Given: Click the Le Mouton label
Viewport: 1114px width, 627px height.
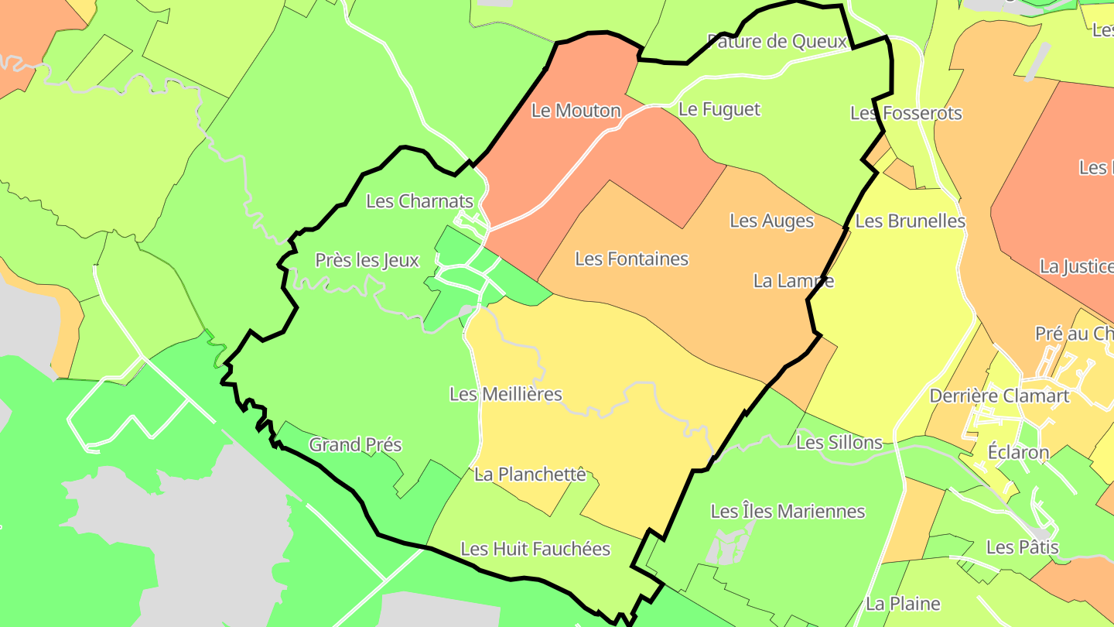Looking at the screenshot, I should (x=576, y=111).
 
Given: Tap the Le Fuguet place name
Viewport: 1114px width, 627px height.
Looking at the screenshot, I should (x=719, y=109).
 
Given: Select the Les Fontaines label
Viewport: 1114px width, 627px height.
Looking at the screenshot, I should (x=632, y=259).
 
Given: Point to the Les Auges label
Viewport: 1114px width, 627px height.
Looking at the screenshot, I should (x=772, y=221).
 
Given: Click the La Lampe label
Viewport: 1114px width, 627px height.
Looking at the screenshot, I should (x=794, y=280).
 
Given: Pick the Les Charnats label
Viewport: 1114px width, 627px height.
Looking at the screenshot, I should (x=419, y=201).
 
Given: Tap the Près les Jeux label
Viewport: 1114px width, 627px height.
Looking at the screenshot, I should (x=367, y=260).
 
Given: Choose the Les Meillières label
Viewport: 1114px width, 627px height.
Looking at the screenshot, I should (x=506, y=394).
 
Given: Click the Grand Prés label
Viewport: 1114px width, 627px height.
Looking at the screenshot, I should (x=356, y=444).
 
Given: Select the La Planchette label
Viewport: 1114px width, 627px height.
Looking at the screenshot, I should (x=531, y=474).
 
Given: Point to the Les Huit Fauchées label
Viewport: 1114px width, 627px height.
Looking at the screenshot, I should (x=535, y=549).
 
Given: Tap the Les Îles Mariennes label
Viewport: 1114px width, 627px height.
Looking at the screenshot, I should (x=788, y=511).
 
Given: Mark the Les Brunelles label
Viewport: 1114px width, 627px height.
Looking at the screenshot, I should (x=911, y=221).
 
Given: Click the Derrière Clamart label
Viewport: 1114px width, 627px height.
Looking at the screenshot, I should (x=1000, y=396).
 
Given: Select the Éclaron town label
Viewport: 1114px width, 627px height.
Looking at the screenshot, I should (x=1019, y=452).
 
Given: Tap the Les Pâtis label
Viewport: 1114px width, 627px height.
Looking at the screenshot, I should (x=1022, y=547).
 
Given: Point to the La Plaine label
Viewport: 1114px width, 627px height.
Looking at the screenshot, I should (x=903, y=603).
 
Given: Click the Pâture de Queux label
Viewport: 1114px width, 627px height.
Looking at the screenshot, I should (x=777, y=41).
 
